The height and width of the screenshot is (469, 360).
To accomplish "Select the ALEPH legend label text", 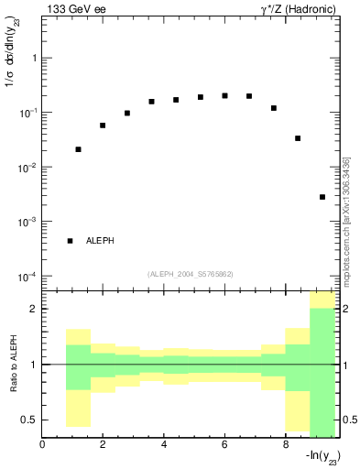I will click(x=102, y=241).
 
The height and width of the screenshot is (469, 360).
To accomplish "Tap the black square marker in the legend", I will click(x=70, y=241).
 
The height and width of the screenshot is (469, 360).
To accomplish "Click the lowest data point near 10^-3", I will click(x=322, y=197).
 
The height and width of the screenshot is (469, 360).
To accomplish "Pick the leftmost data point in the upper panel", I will click(x=78, y=149).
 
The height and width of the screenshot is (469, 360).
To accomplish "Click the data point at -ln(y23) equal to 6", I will click(x=224, y=95).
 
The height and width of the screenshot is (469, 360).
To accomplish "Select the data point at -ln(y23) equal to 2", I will click(x=103, y=125).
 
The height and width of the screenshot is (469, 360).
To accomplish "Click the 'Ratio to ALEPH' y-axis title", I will click(x=12, y=364).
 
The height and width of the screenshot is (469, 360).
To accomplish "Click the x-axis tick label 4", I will click(x=164, y=445).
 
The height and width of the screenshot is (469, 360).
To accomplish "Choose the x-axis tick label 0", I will click(x=42, y=445).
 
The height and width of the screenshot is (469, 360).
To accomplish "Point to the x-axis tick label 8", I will click(x=286, y=445).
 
